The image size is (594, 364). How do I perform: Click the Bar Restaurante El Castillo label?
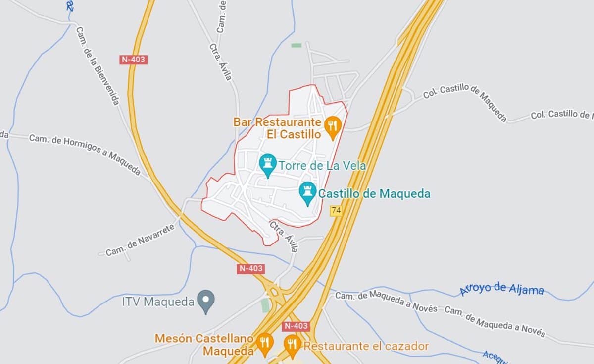point(277,128)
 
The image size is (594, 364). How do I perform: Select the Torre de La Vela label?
point(322,165)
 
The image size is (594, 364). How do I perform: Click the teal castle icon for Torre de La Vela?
point(268,164)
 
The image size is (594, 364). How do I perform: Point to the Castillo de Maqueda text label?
point(374,194)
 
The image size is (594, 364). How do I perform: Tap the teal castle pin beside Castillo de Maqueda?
point(307,192)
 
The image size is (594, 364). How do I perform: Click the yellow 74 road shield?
point(336,211)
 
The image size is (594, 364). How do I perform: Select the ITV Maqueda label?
point(158,302)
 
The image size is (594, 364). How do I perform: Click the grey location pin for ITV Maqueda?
point(205,301)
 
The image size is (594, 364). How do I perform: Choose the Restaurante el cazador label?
point(366,346)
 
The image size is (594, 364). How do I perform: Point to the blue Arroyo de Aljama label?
point(501,289)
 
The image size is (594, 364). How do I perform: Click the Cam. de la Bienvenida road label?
point(98,65)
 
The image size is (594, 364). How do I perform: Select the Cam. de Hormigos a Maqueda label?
point(85,154)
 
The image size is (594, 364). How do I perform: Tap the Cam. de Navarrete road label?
point(140,240)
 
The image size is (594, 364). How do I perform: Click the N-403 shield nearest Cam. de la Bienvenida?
point(134,60)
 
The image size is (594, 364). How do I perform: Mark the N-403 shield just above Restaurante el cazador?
point(296,326)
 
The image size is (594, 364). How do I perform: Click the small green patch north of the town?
point(297,45)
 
